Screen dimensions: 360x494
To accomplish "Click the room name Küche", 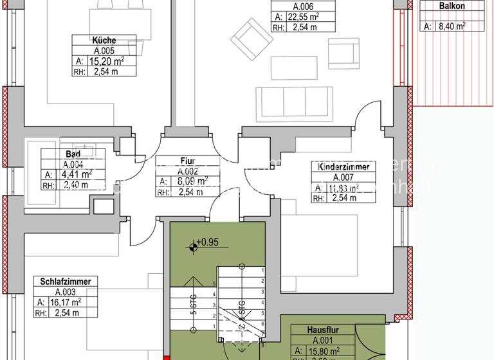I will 104,40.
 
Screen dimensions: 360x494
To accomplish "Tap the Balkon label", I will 452,6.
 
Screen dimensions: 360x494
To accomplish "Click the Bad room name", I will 73,154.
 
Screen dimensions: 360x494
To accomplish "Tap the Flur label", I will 188,161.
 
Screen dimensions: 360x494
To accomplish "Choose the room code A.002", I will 188,172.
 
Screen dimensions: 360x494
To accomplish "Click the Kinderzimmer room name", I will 343,166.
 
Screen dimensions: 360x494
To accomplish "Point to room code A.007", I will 343,177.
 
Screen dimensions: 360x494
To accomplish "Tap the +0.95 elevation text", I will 208,244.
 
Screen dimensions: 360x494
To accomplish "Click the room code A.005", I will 104,50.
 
